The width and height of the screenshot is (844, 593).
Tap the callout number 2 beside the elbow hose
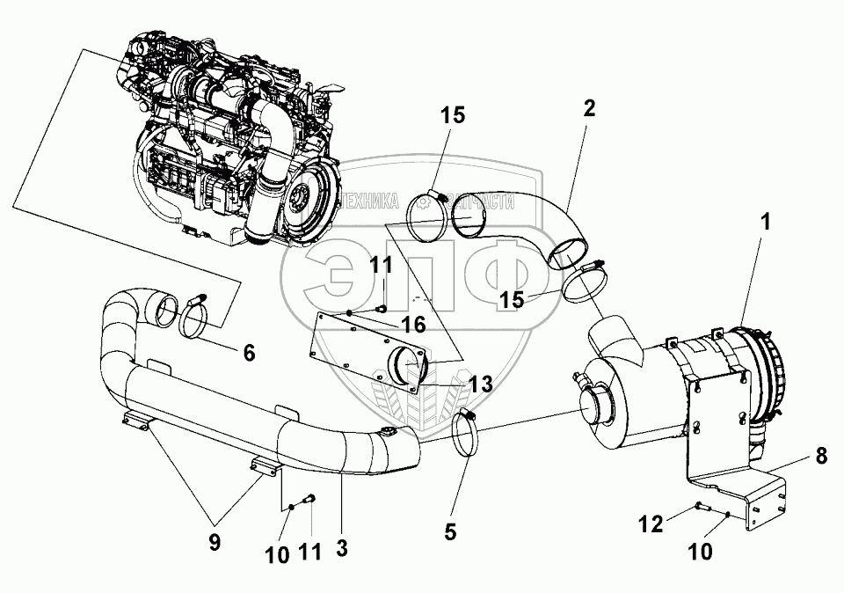pos(588,108)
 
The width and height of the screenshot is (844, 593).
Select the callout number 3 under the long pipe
pos(342,546)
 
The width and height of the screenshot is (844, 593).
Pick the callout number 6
pos(248,353)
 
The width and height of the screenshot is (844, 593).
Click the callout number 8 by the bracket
pos(821,456)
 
